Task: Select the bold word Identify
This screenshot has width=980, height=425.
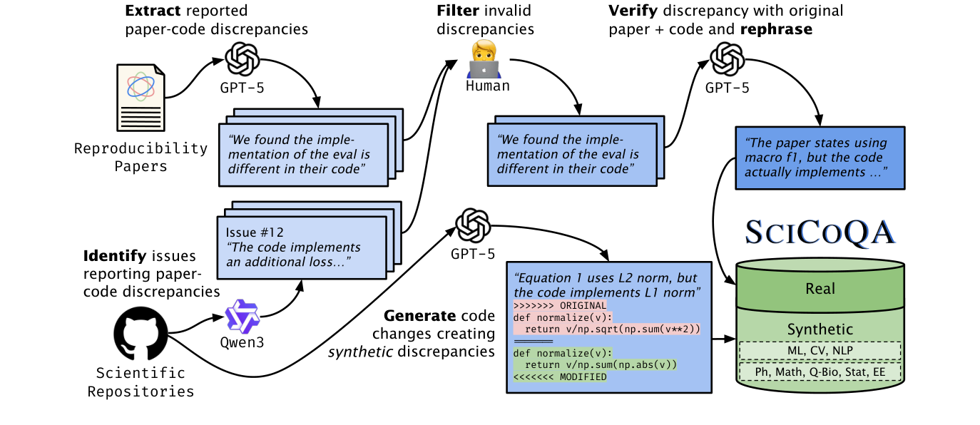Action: point(113,255)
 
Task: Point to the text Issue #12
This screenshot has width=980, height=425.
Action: point(254,232)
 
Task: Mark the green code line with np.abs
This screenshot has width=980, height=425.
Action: point(595,364)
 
